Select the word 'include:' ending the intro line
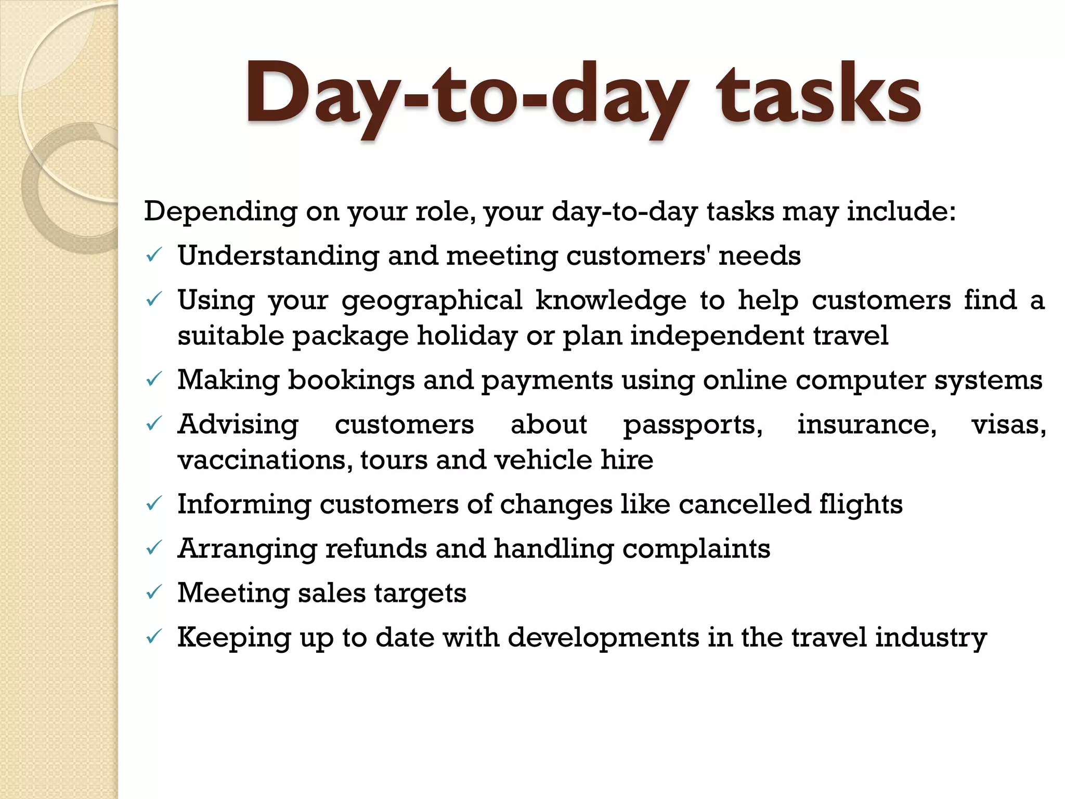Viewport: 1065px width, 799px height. point(901,211)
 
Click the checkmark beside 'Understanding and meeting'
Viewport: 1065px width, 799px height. point(154,255)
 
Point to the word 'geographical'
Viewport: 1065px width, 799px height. point(432,301)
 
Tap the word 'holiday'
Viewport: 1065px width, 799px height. point(467,336)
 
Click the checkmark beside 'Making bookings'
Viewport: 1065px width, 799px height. point(154,380)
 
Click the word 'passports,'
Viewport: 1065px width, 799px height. point(693,425)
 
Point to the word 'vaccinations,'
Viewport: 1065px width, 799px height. point(265,460)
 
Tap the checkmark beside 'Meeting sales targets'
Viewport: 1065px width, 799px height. point(154,592)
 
